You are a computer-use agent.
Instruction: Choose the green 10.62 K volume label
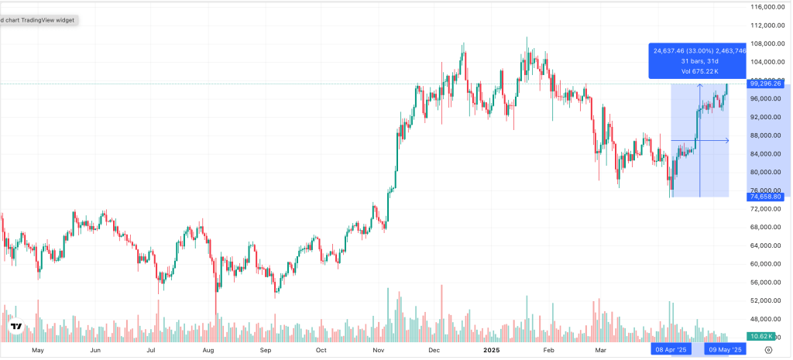pos(762,336)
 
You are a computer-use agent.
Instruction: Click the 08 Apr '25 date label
pos(671,350)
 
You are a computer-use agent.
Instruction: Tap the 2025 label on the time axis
pos(491,350)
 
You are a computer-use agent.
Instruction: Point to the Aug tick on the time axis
pos(208,350)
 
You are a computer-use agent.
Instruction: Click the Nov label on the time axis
pos(379,350)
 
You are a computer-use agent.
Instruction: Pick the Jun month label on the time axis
pos(95,350)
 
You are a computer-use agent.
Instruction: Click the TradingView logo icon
pos(15,327)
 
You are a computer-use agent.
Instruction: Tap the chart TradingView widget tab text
pos(39,20)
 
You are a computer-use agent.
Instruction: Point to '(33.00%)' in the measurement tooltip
pos(706,51)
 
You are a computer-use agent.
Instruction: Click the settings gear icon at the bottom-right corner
pos(768,350)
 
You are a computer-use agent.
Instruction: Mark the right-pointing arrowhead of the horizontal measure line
pos(726,140)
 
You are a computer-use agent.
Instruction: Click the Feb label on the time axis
pos(549,350)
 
